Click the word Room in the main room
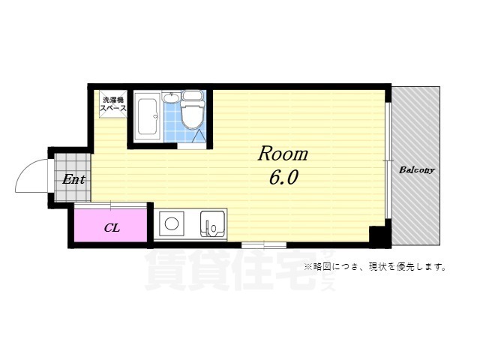coord(283,154)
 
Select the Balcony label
coord(416,169)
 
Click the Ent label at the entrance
coord(73,179)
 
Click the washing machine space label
coord(113,103)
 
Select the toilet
coord(193,112)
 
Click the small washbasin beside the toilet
coord(171,97)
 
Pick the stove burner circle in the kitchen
coord(172,224)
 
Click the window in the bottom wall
coord(263,244)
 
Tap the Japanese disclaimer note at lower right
coord(374,266)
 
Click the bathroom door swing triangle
coord(197,136)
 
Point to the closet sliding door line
coord(112,204)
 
